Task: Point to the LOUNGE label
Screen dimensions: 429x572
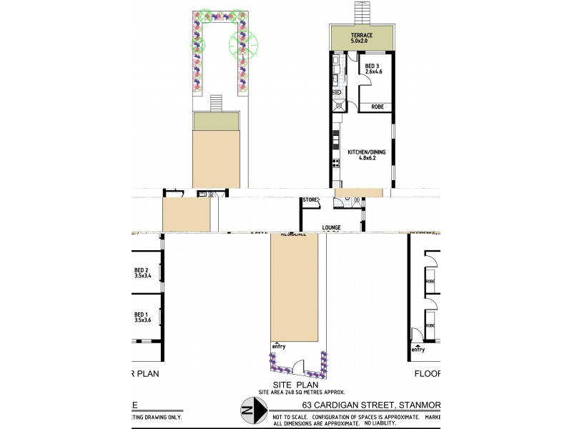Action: click(x=331, y=227)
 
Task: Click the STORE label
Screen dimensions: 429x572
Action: click(x=310, y=199)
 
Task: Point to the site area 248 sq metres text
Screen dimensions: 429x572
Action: click(x=302, y=393)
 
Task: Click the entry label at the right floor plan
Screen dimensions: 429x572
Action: click(x=418, y=350)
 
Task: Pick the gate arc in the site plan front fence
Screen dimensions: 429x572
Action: click(x=310, y=366)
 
